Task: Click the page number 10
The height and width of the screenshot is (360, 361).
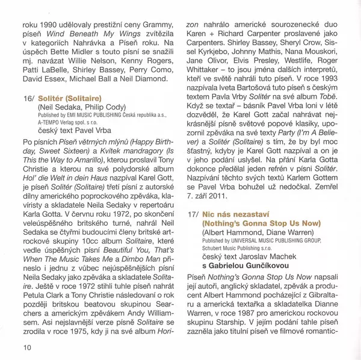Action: pyautogui.click(x=27, y=347)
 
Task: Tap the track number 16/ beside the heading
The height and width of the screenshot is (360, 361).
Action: pyautogui.click(x=30, y=97)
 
